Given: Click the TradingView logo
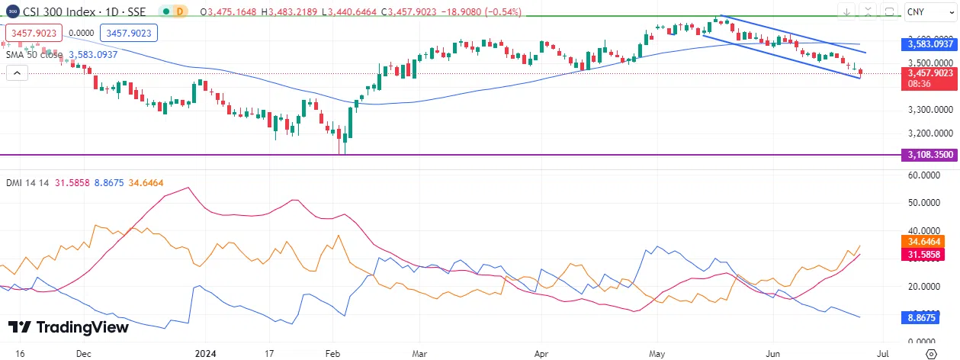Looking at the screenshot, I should pyautogui.click(x=69, y=327).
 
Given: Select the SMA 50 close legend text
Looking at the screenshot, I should pyautogui.click(x=35, y=55).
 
